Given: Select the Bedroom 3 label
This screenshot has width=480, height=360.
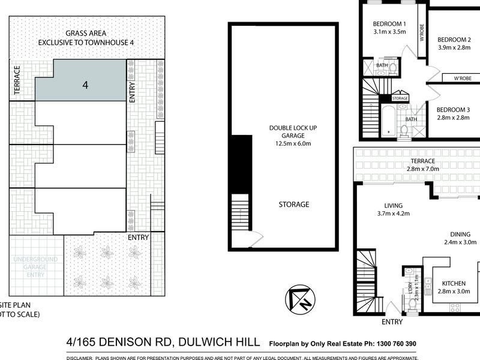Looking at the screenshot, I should pyautogui.click(x=453, y=109).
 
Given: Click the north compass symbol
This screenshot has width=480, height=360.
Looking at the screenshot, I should pyautogui.click(x=298, y=299).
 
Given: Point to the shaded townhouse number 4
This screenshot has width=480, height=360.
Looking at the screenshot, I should pyautogui.click(x=85, y=85).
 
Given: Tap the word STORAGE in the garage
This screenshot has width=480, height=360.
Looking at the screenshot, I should pyautogui.click(x=294, y=205).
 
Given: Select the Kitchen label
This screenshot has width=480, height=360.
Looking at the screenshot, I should pyautogui.click(x=454, y=283).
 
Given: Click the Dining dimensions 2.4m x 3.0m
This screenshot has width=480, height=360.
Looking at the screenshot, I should pyautogui.click(x=460, y=242).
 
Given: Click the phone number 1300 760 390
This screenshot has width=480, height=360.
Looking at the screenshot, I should pyautogui.click(x=397, y=344).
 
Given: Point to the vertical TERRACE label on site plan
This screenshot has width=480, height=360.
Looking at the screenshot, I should pyautogui.click(x=17, y=79).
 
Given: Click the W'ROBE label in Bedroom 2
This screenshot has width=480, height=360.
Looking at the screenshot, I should pyautogui.click(x=461, y=79).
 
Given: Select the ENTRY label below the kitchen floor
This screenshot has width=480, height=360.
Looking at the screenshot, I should pyautogui.click(x=392, y=322).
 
